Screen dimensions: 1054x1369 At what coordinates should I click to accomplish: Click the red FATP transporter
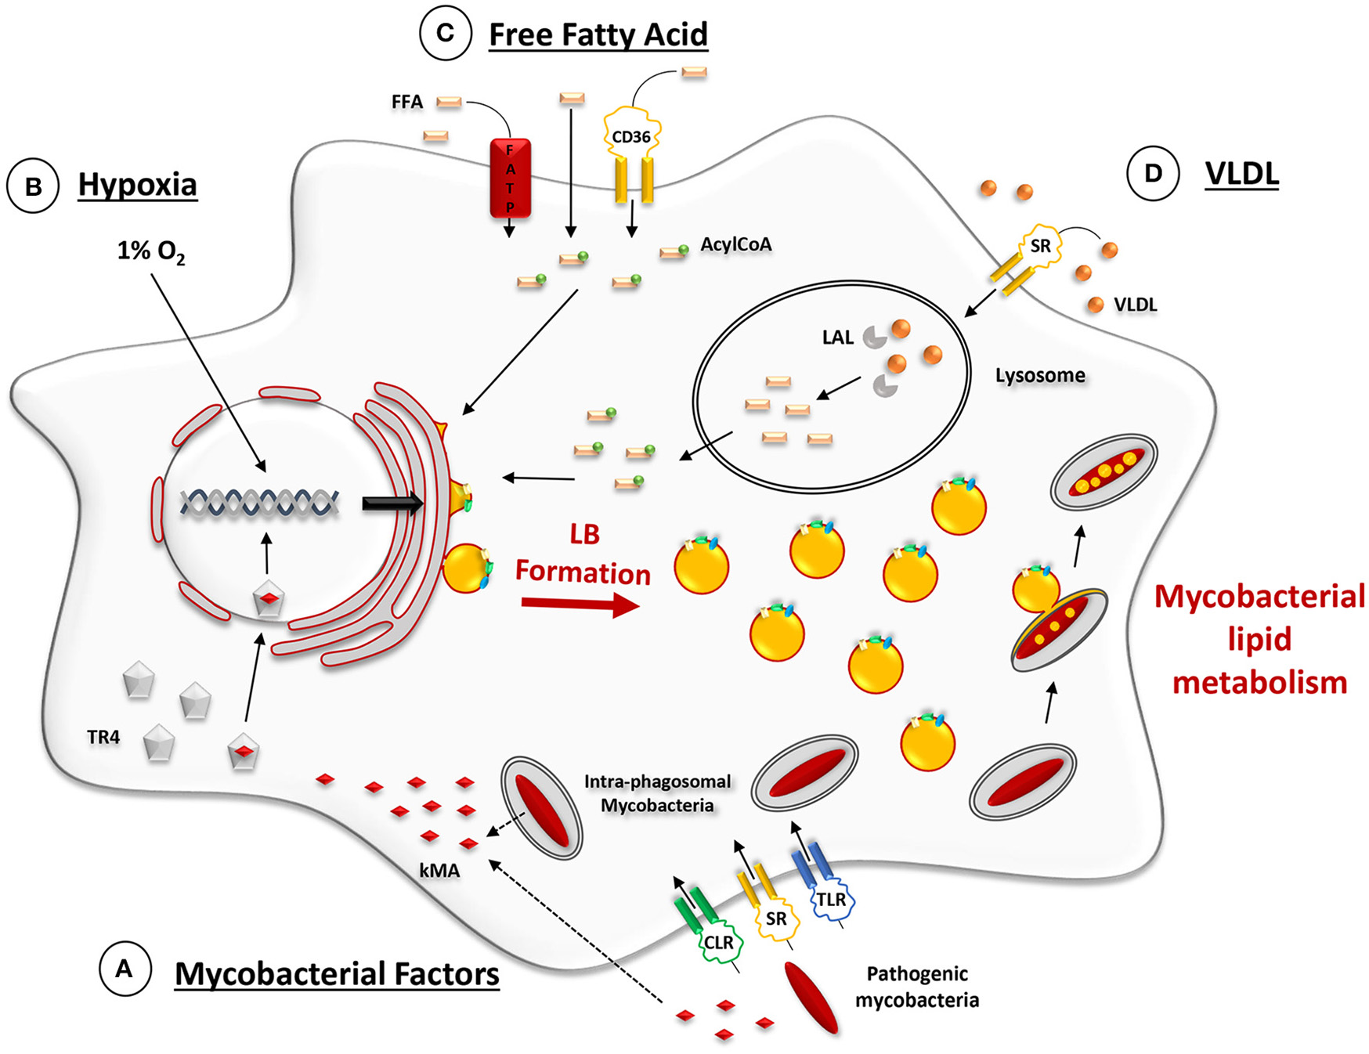[510, 179]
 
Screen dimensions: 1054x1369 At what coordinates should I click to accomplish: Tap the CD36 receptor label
[631, 137]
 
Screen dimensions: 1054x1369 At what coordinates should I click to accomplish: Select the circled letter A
[125, 969]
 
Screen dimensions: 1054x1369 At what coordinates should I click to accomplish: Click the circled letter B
[33, 186]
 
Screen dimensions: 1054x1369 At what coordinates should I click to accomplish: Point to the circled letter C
[446, 34]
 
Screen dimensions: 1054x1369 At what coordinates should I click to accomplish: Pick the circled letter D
[1153, 173]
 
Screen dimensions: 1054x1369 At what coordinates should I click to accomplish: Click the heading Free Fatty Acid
[598, 34]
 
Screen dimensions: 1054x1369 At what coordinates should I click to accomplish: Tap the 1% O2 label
[151, 251]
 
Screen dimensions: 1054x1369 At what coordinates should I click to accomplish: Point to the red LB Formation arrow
[580, 605]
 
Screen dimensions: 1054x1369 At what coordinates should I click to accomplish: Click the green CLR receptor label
[718, 943]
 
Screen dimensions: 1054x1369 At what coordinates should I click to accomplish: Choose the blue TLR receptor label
[831, 900]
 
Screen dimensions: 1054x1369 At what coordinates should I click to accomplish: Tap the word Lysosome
[1040, 375]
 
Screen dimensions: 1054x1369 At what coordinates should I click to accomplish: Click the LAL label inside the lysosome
[837, 337]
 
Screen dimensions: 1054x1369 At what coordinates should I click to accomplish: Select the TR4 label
[103, 737]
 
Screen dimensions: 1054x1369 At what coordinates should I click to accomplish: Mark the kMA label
[439, 871]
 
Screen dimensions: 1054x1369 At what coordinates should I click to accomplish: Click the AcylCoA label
[735, 244]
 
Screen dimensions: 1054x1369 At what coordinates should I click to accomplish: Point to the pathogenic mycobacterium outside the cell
[811, 998]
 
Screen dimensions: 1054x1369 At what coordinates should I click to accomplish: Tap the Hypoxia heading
[137, 185]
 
